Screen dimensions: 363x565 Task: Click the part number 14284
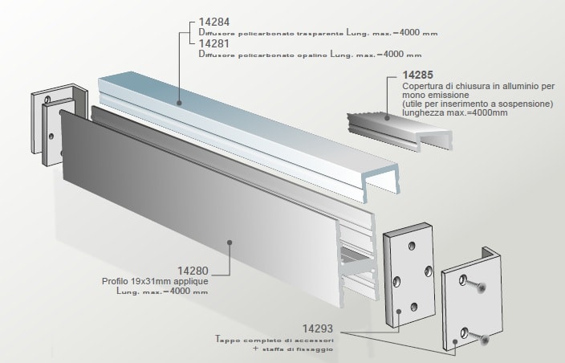pyautogui.click(x=213, y=22)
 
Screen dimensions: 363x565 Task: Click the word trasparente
pyautogui.click(x=319, y=33)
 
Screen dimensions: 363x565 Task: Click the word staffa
pyautogui.click(x=278, y=350)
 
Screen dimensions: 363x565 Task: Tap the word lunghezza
pyautogui.click(x=415, y=114)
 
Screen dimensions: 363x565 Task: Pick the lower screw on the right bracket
pyautogui.click(x=485, y=340)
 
